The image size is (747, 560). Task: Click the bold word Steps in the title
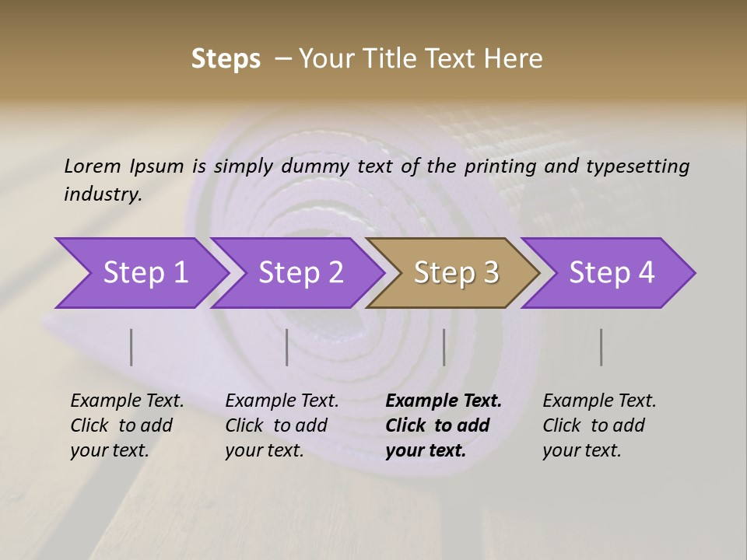(226, 59)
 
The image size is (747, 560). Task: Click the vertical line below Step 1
(132, 347)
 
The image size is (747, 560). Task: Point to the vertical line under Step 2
(287, 347)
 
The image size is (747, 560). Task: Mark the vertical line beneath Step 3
(444, 347)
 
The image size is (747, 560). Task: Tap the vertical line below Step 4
(601, 347)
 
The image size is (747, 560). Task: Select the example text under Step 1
(127, 425)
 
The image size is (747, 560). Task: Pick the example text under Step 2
(282, 425)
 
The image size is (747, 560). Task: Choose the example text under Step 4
(599, 425)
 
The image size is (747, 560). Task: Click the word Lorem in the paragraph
(93, 166)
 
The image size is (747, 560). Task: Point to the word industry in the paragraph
(103, 194)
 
